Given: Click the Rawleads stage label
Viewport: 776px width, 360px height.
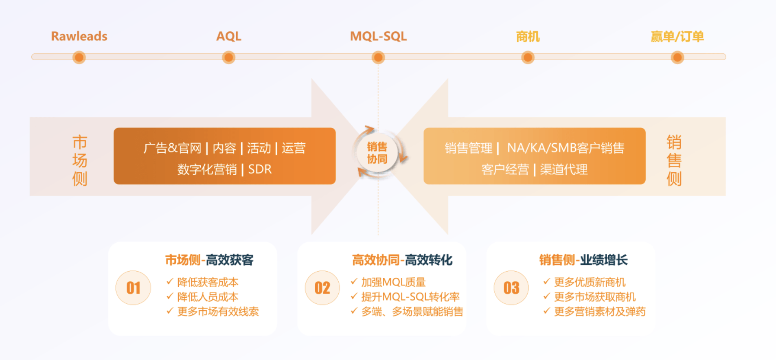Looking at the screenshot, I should click(79, 36).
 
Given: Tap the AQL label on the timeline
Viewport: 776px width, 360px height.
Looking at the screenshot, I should click(228, 36).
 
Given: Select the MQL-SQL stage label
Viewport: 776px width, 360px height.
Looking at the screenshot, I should click(378, 36).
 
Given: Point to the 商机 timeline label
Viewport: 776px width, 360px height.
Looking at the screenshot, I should click(528, 37).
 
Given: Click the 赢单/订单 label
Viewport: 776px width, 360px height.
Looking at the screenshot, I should click(677, 37).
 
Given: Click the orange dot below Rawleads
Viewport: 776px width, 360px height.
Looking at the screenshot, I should click(79, 57).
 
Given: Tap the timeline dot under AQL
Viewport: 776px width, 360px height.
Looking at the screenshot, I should click(229, 57).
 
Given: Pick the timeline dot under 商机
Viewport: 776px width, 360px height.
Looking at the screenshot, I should click(528, 57).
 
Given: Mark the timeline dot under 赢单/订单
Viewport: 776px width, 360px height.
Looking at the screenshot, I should click(677, 57).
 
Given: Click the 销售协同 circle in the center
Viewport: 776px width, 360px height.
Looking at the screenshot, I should click(377, 153).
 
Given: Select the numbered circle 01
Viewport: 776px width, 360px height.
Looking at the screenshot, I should click(133, 288).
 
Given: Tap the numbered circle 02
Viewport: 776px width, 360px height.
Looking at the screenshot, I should click(322, 288).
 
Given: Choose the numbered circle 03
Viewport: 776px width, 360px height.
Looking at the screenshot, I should click(511, 288).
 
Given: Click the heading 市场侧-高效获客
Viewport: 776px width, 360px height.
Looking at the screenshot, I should click(209, 260).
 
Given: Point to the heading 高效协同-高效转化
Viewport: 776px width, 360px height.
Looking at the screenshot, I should click(402, 260).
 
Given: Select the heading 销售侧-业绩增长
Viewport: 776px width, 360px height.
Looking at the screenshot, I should click(583, 260).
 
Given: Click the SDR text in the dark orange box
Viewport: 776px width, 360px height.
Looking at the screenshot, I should click(260, 169).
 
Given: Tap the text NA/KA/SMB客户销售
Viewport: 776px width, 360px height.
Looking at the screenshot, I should click(566, 148).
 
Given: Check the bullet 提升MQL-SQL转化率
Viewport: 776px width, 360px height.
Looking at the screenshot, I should click(410, 297).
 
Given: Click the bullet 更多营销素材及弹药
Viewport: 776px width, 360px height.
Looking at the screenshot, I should click(599, 312).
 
